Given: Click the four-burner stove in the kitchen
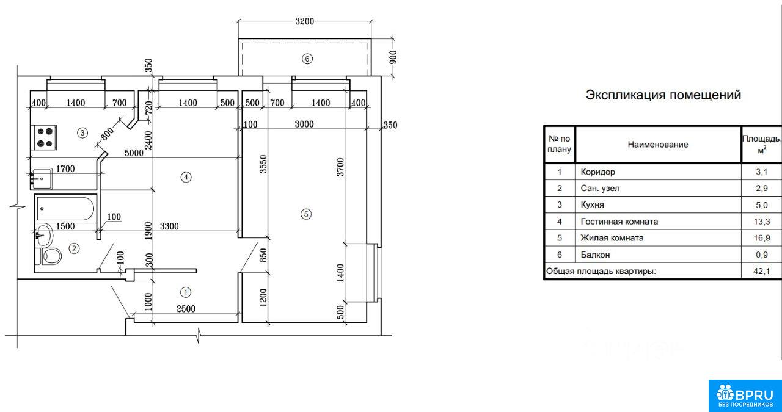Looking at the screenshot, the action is [x=45, y=137].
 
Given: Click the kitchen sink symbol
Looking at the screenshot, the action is [x=42, y=179].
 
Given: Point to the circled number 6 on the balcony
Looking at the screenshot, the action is [x=307, y=59].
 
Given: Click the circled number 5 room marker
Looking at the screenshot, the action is [x=306, y=214].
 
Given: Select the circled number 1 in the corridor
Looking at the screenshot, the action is [x=185, y=292].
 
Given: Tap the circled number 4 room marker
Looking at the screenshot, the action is [x=186, y=177].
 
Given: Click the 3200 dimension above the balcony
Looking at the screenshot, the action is [x=304, y=21].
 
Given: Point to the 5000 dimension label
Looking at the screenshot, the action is [x=134, y=153].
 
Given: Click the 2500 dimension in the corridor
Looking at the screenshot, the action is [x=186, y=308].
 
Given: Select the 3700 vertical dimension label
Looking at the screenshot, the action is [x=340, y=167].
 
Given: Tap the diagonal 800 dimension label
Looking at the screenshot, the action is [x=107, y=134].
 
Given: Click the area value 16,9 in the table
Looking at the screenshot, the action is [x=762, y=238].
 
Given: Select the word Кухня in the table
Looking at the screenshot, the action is [x=593, y=204].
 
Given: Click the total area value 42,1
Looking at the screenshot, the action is [x=762, y=271].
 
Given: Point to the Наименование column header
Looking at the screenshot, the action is [x=658, y=145].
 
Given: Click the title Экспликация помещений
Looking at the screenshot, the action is [x=663, y=95].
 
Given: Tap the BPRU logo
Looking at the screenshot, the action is [x=745, y=396].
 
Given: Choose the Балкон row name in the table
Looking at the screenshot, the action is [x=595, y=255].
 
